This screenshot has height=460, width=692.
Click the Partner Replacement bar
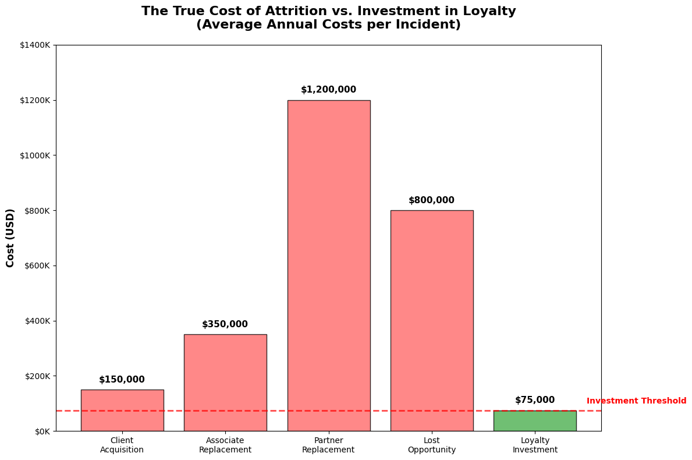328,265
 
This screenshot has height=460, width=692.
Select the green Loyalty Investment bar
534,421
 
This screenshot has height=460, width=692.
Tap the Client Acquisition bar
122,411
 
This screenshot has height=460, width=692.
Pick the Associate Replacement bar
225,383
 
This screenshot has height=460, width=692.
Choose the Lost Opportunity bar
431,320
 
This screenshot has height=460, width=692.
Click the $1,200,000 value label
328,90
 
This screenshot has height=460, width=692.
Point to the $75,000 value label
534,400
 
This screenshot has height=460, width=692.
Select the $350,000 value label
225,324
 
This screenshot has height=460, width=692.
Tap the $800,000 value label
431,200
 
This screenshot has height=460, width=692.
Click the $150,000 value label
122,380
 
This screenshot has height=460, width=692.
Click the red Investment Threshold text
636,401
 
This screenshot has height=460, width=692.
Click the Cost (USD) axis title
10,238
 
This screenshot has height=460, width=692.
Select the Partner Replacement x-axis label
328,445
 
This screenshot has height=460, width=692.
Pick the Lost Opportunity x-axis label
431,445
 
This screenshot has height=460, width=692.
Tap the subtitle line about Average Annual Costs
328,25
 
